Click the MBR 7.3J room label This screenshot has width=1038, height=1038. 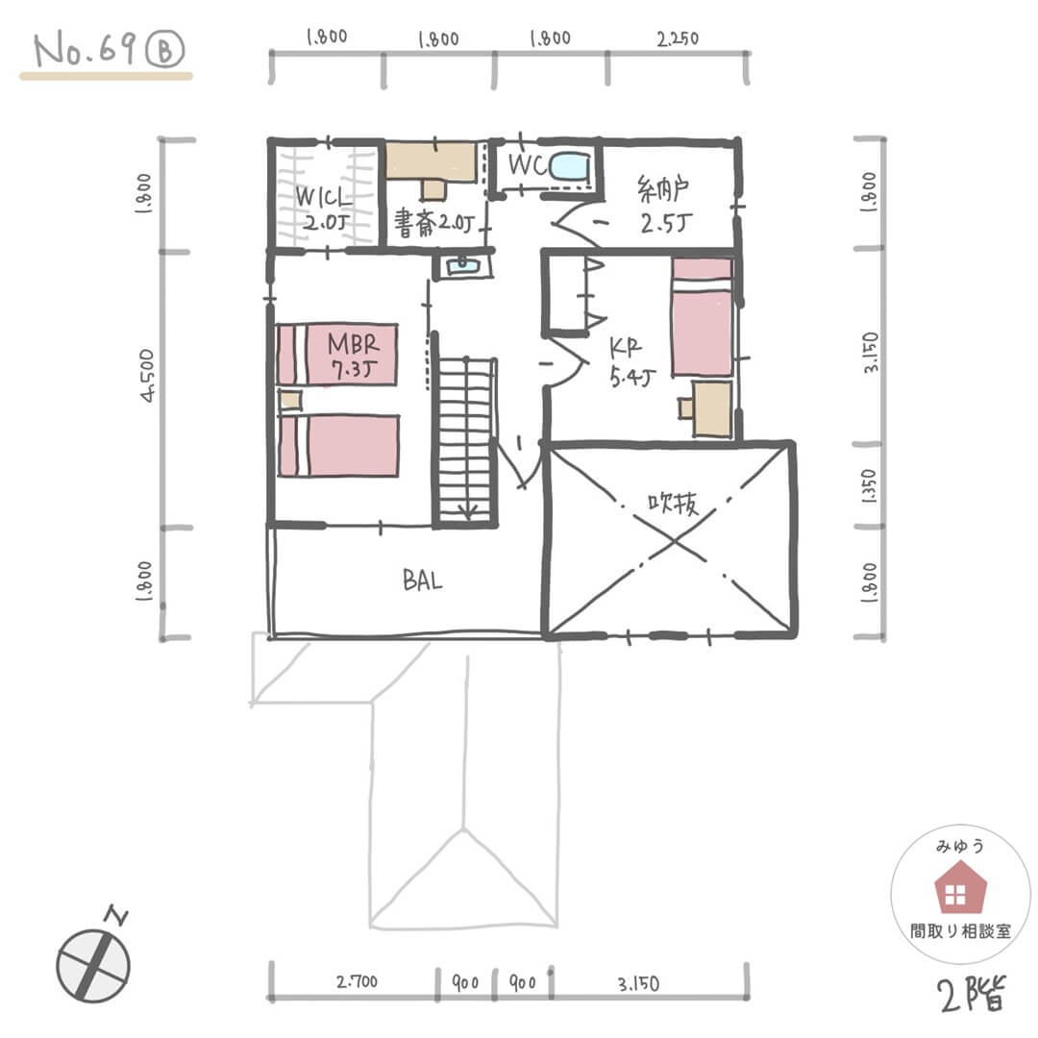click(x=354, y=357)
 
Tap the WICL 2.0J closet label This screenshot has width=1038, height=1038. click(x=323, y=208)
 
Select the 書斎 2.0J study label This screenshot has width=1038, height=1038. click(x=434, y=223)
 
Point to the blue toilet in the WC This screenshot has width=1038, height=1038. click(x=569, y=166)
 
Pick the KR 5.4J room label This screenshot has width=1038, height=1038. click(x=631, y=362)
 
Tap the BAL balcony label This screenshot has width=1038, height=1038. click(x=422, y=580)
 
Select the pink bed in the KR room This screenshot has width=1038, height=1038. click(x=702, y=317)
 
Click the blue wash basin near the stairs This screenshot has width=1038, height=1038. click(x=462, y=266)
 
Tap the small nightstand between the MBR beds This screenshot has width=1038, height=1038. click(x=289, y=401)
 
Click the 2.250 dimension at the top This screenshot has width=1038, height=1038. click(x=678, y=39)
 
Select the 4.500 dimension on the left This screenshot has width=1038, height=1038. click(x=147, y=376)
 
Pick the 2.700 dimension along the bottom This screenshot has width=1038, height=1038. click(x=357, y=981)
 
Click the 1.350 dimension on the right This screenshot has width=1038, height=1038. click(x=869, y=486)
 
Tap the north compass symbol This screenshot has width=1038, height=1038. click(x=93, y=964)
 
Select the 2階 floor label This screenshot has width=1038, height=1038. click(x=972, y=994)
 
